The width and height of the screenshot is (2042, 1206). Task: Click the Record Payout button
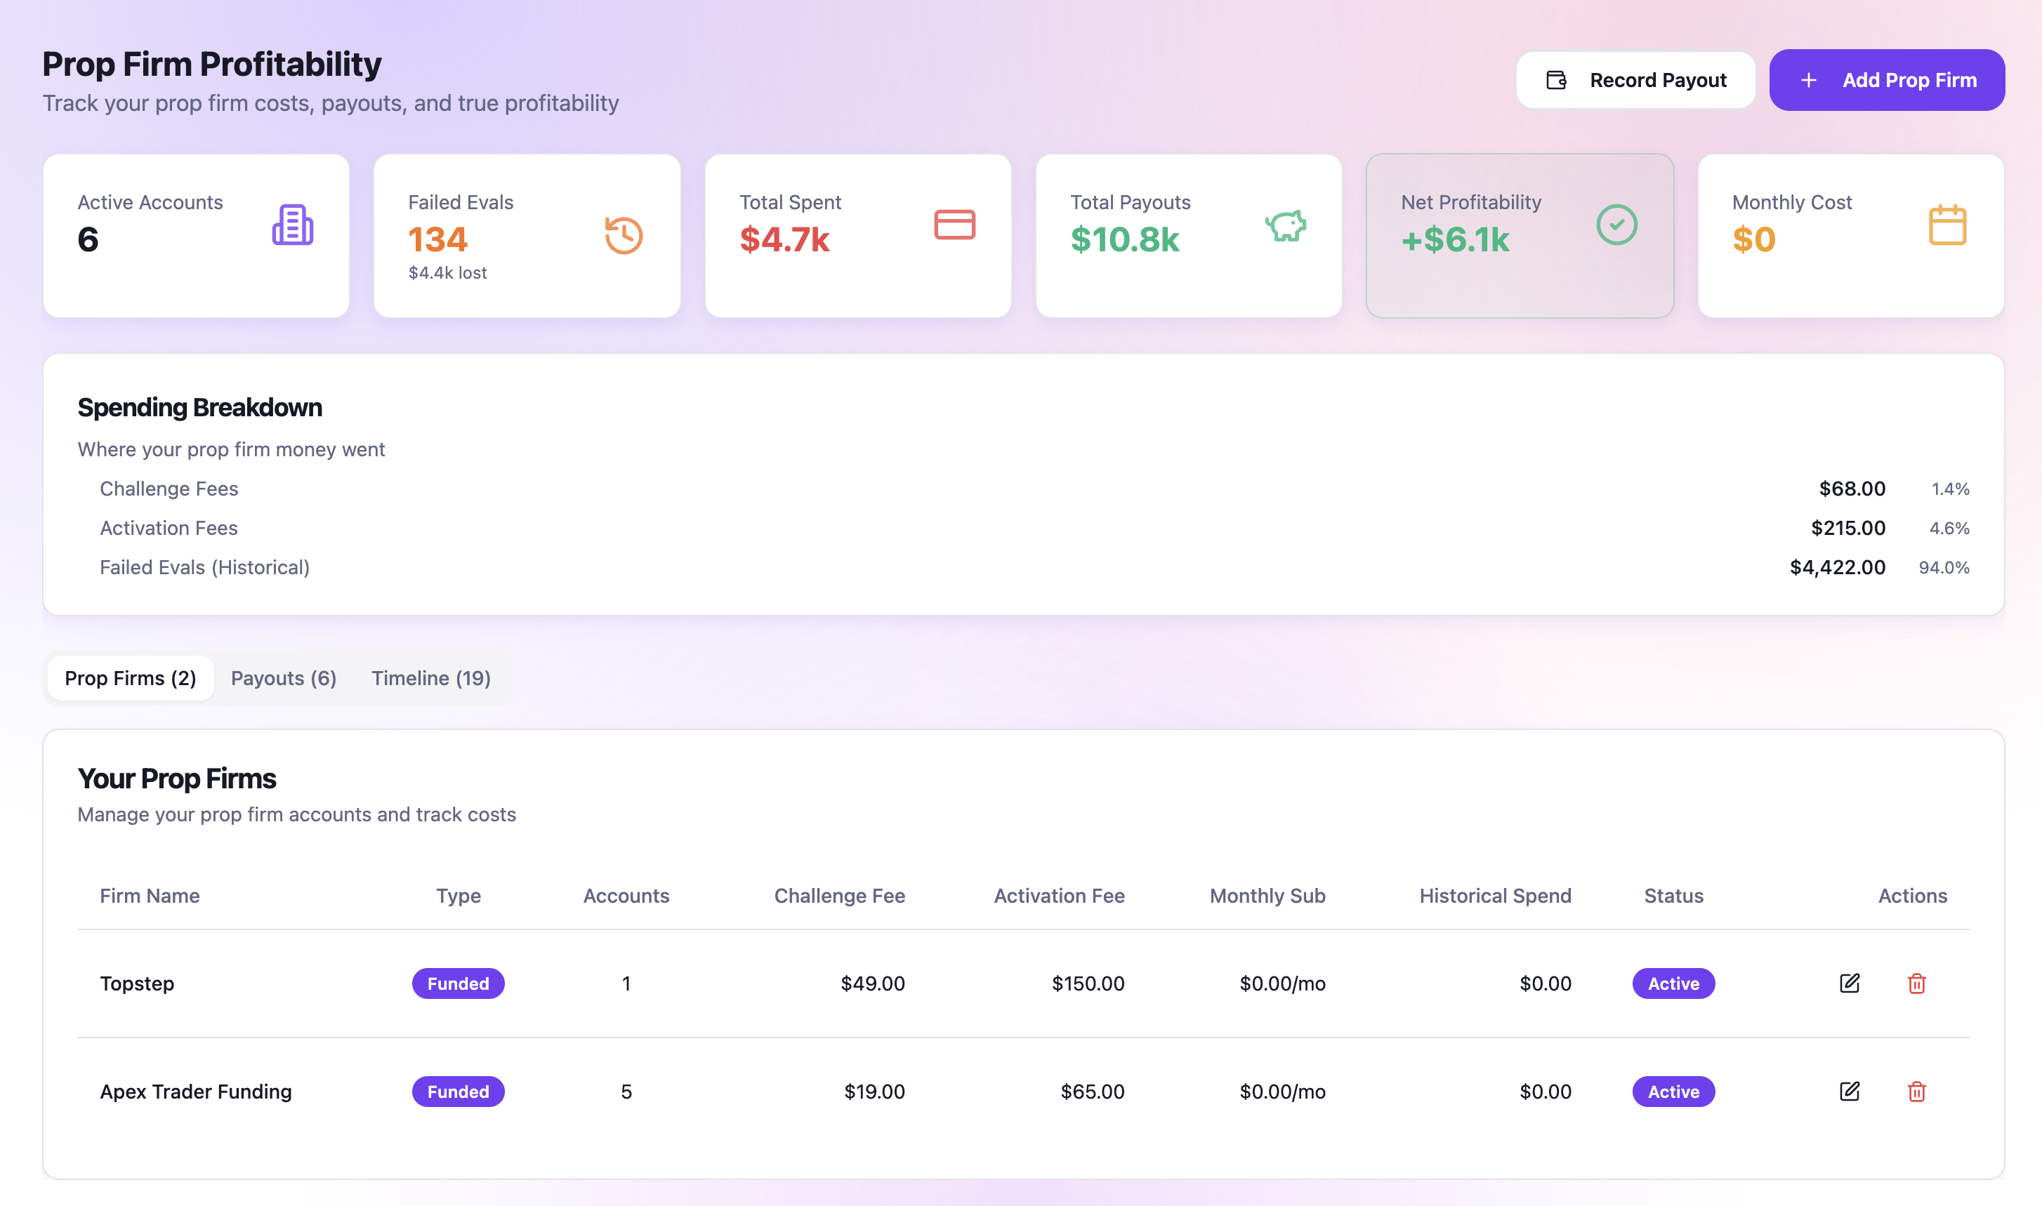(1635, 79)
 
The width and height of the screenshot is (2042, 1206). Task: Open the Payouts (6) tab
(283, 678)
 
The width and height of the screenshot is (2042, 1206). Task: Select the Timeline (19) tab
(431, 678)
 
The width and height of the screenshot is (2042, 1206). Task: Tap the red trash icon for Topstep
(1916, 983)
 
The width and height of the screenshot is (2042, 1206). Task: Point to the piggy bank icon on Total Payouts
(1285, 226)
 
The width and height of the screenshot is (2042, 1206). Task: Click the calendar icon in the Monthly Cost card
(1947, 225)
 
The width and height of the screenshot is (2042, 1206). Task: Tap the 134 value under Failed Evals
(437, 239)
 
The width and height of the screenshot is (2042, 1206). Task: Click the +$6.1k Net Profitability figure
(1454, 239)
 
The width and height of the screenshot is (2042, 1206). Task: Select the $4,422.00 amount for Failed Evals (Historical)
(1837, 567)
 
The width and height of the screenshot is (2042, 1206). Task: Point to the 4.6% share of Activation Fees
(1949, 528)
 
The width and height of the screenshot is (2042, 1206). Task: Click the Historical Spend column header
(1494, 896)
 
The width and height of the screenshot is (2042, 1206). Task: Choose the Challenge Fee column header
(839, 896)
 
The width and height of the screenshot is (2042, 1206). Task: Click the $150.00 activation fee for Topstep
(1088, 983)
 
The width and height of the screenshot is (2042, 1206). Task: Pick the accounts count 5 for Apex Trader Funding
(626, 1092)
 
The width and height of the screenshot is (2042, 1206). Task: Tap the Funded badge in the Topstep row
(458, 983)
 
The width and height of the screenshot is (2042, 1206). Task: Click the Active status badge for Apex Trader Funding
(1673, 1092)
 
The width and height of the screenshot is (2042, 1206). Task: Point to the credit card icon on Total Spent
(954, 225)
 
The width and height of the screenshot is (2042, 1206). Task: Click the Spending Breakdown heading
(199, 407)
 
